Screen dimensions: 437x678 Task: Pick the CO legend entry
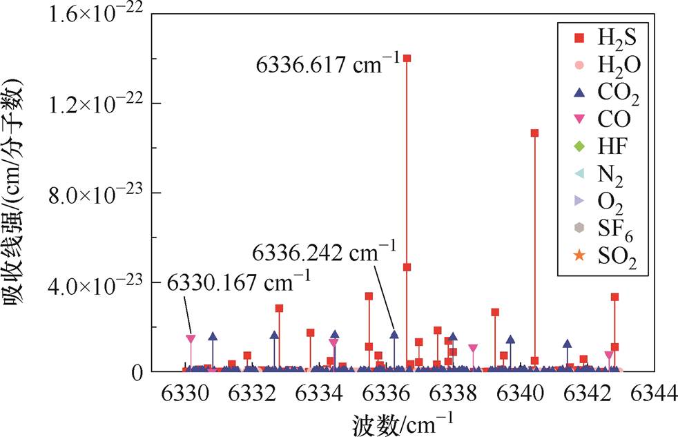599,120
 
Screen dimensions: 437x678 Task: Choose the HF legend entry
599,147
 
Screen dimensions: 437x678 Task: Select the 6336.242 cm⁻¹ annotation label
323,251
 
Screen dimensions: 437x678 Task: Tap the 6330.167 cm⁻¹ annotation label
239,283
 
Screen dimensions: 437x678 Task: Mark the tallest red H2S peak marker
407,58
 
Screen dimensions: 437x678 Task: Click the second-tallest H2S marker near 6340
534,133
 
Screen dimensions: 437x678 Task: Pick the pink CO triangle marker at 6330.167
191,339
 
